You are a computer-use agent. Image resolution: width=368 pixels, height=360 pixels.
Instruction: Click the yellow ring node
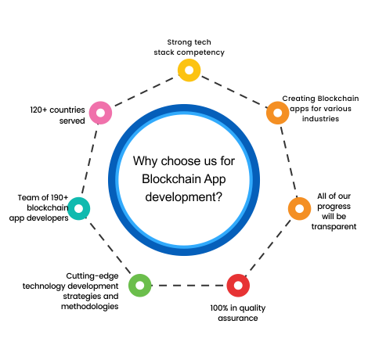(x=189, y=66)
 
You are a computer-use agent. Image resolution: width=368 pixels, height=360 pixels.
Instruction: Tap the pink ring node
(x=100, y=108)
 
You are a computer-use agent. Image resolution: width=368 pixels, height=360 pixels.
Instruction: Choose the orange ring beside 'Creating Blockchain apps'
(x=277, y=108)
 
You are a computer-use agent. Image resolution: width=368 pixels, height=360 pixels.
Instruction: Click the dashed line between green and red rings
(x=189, y=286)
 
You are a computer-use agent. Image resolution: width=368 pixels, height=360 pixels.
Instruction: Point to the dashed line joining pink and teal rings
(x=89, y=160)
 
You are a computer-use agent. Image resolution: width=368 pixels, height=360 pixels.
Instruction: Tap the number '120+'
(x=38, y=110)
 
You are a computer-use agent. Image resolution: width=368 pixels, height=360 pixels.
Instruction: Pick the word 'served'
(x=72, y=121)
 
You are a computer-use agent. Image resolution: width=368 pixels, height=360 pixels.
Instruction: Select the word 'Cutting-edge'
(x=92, y=276)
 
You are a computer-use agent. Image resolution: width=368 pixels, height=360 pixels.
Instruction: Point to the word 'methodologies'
(x=90, y=307)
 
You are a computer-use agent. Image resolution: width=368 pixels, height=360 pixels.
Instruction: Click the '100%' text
(x=219, y=308)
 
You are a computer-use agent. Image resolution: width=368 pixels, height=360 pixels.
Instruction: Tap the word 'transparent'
(x=334, y=226)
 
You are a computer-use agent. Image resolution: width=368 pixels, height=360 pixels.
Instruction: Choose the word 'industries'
(x=320, y=119)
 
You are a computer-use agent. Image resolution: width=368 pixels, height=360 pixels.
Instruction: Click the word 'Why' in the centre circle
(x=145, y=161)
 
